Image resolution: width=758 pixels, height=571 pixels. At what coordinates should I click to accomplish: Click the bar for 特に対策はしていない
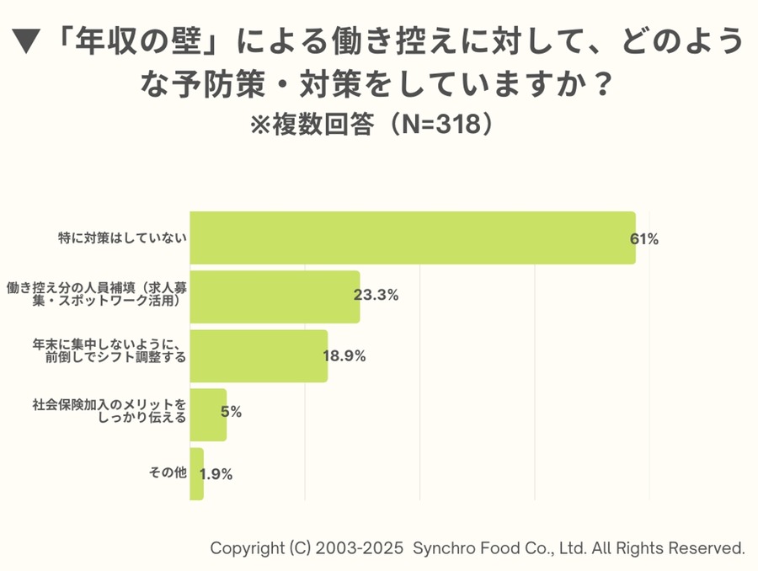413,237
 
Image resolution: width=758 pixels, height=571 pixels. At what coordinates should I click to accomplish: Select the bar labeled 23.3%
275,296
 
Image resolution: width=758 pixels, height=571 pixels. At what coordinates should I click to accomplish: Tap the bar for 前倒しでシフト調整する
259,355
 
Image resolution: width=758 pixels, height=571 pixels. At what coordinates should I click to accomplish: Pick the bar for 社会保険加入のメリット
208,414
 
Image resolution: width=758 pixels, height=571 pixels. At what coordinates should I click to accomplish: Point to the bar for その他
196,473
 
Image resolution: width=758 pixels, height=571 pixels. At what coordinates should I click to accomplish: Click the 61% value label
644,238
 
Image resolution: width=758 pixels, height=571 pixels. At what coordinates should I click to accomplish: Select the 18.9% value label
344,355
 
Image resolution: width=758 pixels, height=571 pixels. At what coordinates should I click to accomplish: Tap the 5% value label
231,412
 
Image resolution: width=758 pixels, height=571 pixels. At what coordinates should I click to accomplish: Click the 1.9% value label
216,473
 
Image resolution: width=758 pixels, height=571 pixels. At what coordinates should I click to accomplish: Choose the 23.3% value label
376,296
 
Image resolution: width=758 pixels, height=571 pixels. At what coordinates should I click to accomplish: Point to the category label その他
167,473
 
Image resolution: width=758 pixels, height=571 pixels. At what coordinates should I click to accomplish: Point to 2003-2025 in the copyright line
359,547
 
